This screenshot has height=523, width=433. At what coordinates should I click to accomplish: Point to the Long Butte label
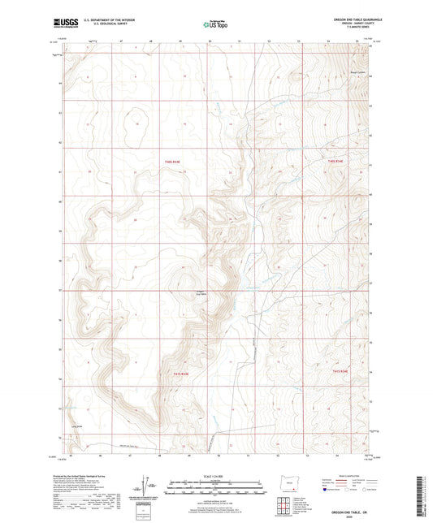(x=78, y=426)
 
